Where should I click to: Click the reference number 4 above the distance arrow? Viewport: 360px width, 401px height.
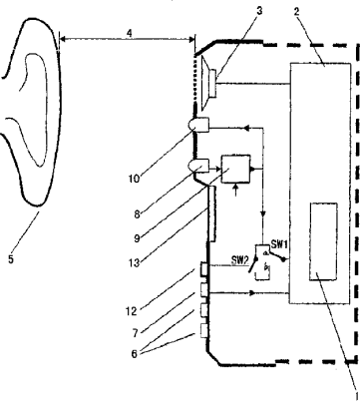(x=130, y=33)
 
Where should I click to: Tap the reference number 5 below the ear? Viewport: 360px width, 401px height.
(x=11, y=259)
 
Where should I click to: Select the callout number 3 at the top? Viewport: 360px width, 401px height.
(x=259, y=11)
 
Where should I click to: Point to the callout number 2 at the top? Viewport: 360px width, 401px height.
(x=296, y=12)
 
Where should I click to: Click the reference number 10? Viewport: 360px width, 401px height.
(x=134, y=179)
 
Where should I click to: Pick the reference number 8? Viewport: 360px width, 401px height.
(x=137, y=214)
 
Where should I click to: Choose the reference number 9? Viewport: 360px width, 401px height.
(x=137, y=237)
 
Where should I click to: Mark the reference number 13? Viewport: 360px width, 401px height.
(x=134, y=263)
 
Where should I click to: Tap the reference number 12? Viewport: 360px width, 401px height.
(x=132, y=311)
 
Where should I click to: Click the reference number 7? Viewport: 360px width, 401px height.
(x=135, y=333)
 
